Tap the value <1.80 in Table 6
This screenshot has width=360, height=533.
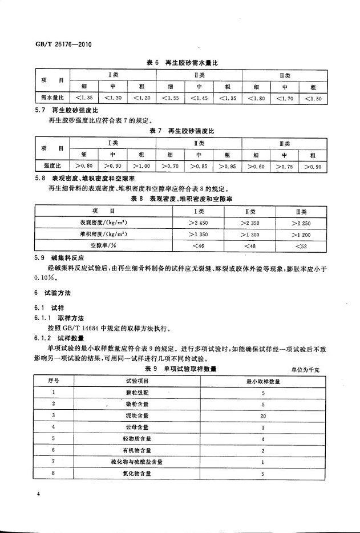point(255,98)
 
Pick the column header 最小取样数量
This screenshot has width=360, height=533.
point(262,381)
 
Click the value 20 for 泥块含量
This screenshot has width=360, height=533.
point(262,416)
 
